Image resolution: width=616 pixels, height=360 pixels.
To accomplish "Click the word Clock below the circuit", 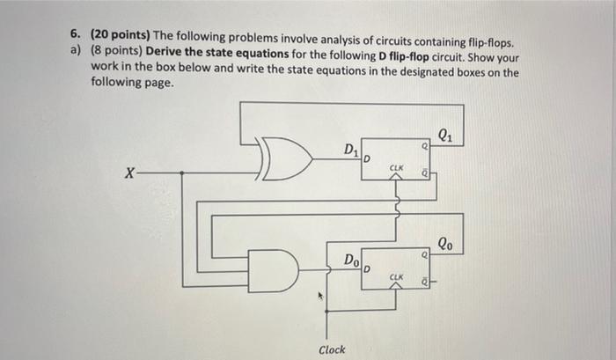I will click(332, 349).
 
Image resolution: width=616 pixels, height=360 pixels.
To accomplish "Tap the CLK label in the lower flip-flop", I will click(397, 276).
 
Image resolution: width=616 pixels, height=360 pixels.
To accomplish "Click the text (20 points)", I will click(118, 34).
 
